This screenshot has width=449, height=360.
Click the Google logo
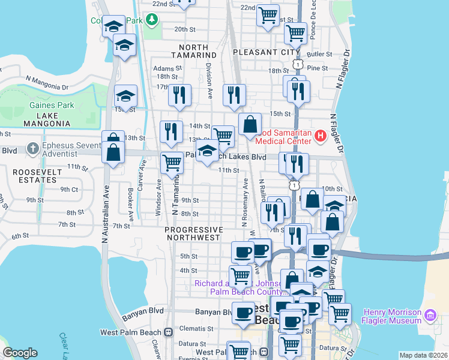pyautogui.click(x=20, y=353)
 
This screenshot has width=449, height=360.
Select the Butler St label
pyautogui.click(x=319, y=54)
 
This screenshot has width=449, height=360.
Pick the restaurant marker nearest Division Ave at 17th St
pyautogui.click(x=179, y=95)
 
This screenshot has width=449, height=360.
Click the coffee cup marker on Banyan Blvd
pyautogui.click(x=243, y=313)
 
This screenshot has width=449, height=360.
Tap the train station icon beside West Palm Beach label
pyautogui.click(x=169, y=331)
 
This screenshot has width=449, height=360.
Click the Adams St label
pyautogui.click(x=163, y=68)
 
